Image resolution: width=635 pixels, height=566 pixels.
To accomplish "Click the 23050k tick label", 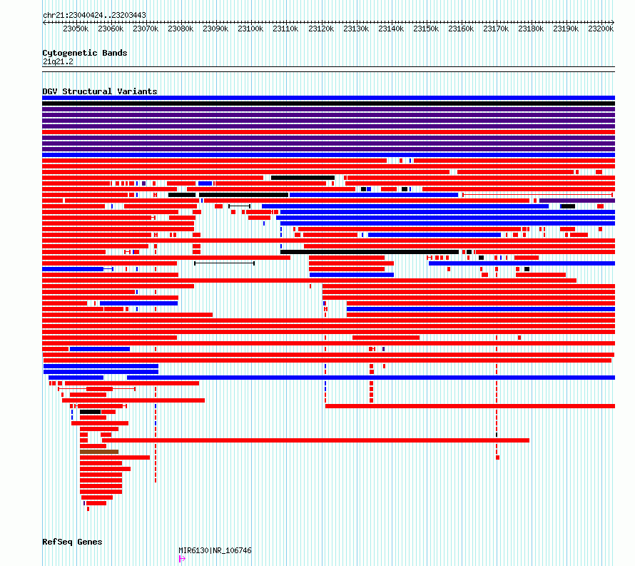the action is (76, 29).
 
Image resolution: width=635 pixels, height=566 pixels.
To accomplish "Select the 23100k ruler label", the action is (250, 29).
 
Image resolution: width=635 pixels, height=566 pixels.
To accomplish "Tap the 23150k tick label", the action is (426, 29).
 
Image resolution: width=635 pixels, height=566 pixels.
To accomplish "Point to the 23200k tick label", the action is (601, 29).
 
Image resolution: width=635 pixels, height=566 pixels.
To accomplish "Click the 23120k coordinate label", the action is (321, 29).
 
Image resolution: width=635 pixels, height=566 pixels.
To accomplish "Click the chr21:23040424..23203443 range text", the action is (94, 15).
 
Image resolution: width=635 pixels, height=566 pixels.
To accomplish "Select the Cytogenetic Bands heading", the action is (85, 53).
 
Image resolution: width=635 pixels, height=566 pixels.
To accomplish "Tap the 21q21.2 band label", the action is (58, 61).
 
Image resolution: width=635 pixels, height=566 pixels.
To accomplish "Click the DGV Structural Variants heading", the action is (100, 91).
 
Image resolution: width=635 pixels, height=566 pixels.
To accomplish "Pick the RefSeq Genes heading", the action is (72, 542).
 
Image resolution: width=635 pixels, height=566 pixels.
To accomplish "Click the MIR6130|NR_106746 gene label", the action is (215, 550).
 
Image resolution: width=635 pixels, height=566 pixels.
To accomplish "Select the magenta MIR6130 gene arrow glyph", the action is (182, 559).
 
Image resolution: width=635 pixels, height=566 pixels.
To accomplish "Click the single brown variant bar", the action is (99, 452).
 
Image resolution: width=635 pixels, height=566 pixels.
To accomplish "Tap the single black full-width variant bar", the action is (328, 103).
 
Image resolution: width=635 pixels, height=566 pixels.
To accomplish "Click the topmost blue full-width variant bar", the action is (328, 98).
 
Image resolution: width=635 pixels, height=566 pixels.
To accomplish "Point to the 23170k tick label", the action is (496, 29).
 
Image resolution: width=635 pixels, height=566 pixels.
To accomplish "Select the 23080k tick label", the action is (181, 29).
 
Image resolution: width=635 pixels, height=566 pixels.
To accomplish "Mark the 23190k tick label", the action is (567, 29).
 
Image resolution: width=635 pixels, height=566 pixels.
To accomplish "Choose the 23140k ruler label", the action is (391, 29).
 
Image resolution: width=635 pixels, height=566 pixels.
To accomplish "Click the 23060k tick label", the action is (111, 29).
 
